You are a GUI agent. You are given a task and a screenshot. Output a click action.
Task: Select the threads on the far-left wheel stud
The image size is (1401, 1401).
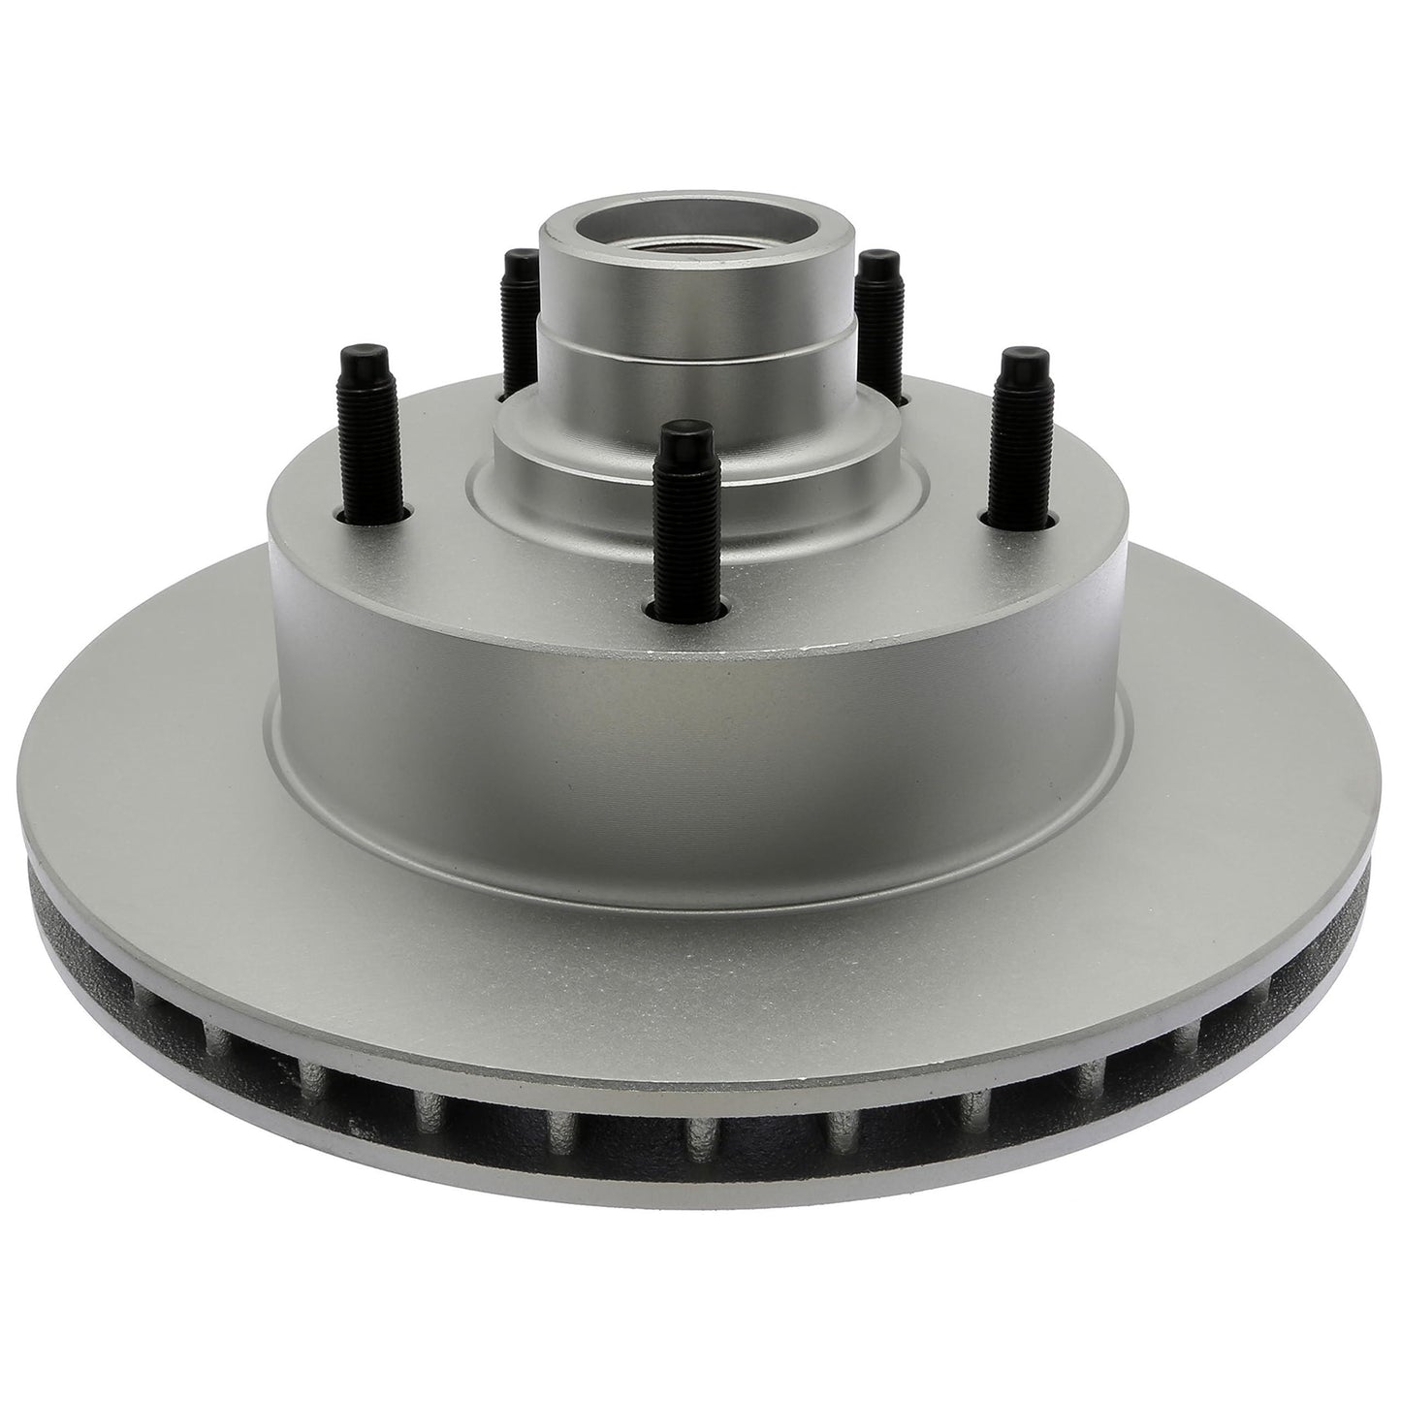[366, 436]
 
